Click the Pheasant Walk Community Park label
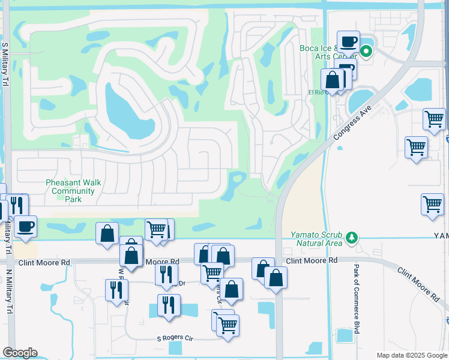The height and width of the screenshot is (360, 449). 70,191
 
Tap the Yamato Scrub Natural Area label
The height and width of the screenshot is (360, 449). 317,239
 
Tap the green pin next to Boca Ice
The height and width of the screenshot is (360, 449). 366,51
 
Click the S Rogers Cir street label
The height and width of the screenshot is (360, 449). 176,338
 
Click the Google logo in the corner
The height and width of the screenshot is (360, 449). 20,353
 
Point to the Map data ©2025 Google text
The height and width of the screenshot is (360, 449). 411,355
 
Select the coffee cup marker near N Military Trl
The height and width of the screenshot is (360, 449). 25,226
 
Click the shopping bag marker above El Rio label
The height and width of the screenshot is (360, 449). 332,80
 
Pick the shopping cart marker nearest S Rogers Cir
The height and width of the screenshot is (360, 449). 228,326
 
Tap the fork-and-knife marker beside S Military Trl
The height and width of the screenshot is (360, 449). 17,205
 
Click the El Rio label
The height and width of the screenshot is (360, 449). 316,92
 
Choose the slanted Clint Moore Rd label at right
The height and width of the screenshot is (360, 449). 418,284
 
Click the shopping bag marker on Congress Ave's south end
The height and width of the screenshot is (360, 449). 276,278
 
